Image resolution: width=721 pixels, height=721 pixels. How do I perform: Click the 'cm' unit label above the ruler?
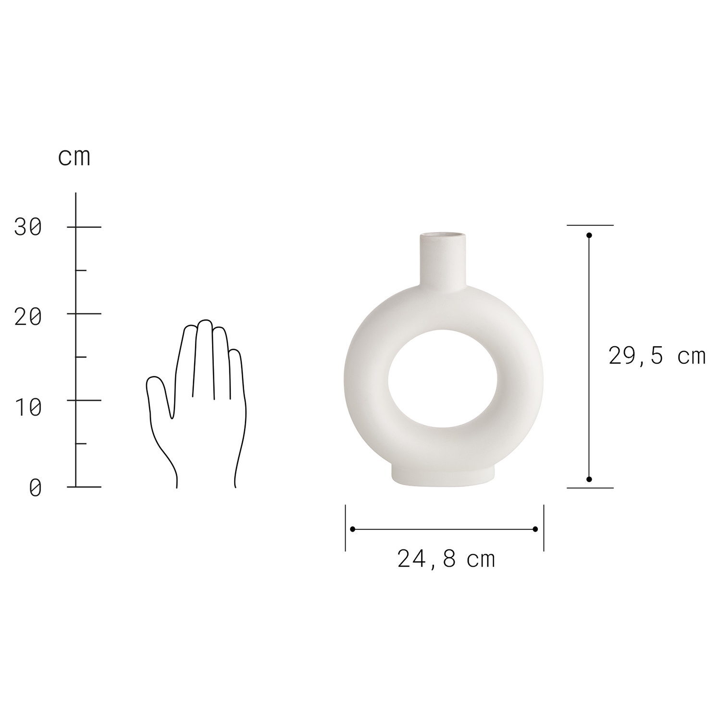[74, 157]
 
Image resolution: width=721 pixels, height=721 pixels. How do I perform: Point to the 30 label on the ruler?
[28, 227]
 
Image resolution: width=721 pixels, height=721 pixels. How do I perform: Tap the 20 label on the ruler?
[28, 317]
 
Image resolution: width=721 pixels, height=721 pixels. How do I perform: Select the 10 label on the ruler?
[28, 407]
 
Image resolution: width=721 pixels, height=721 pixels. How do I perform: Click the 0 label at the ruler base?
[35, 487]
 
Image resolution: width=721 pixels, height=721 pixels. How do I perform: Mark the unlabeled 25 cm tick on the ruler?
[81, 271]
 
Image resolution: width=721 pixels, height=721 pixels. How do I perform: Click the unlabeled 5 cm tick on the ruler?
[81, 444]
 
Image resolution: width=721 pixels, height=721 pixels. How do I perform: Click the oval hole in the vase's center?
[443, 379]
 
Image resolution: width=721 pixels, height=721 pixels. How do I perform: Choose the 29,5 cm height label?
[657, 356]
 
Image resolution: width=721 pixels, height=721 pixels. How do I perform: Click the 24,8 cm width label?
[446, 559]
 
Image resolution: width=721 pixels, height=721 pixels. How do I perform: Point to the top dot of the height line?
[589, 236]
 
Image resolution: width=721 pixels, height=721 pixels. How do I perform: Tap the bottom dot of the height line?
[589, 479]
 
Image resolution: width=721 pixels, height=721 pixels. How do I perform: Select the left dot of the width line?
[353, 529]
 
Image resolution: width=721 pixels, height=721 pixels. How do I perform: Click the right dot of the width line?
[535, 529]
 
